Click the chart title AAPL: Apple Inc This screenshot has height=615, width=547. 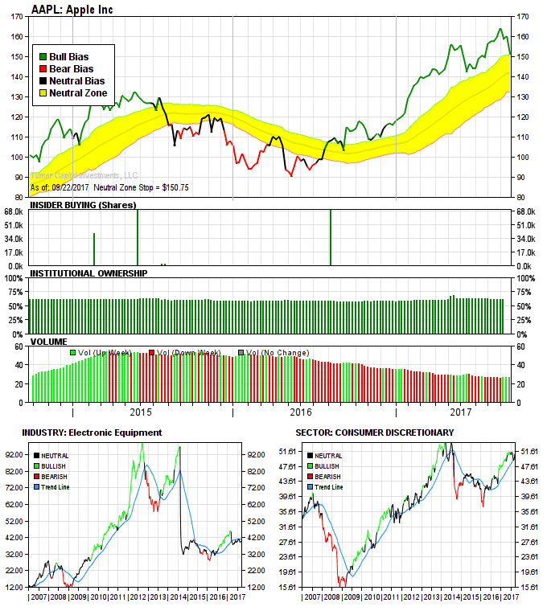72,9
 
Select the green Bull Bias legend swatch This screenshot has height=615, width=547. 43,57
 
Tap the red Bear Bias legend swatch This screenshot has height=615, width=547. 43,69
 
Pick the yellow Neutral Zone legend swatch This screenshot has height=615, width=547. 43,93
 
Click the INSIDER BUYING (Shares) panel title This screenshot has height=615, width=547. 81,205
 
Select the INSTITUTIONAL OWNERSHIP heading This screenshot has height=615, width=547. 88,273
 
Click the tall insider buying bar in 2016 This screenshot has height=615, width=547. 331,238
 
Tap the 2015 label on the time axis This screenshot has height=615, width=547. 141,413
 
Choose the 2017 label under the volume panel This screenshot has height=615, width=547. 460,413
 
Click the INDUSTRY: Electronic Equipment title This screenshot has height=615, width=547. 93,433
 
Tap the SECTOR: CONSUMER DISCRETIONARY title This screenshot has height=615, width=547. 374,433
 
